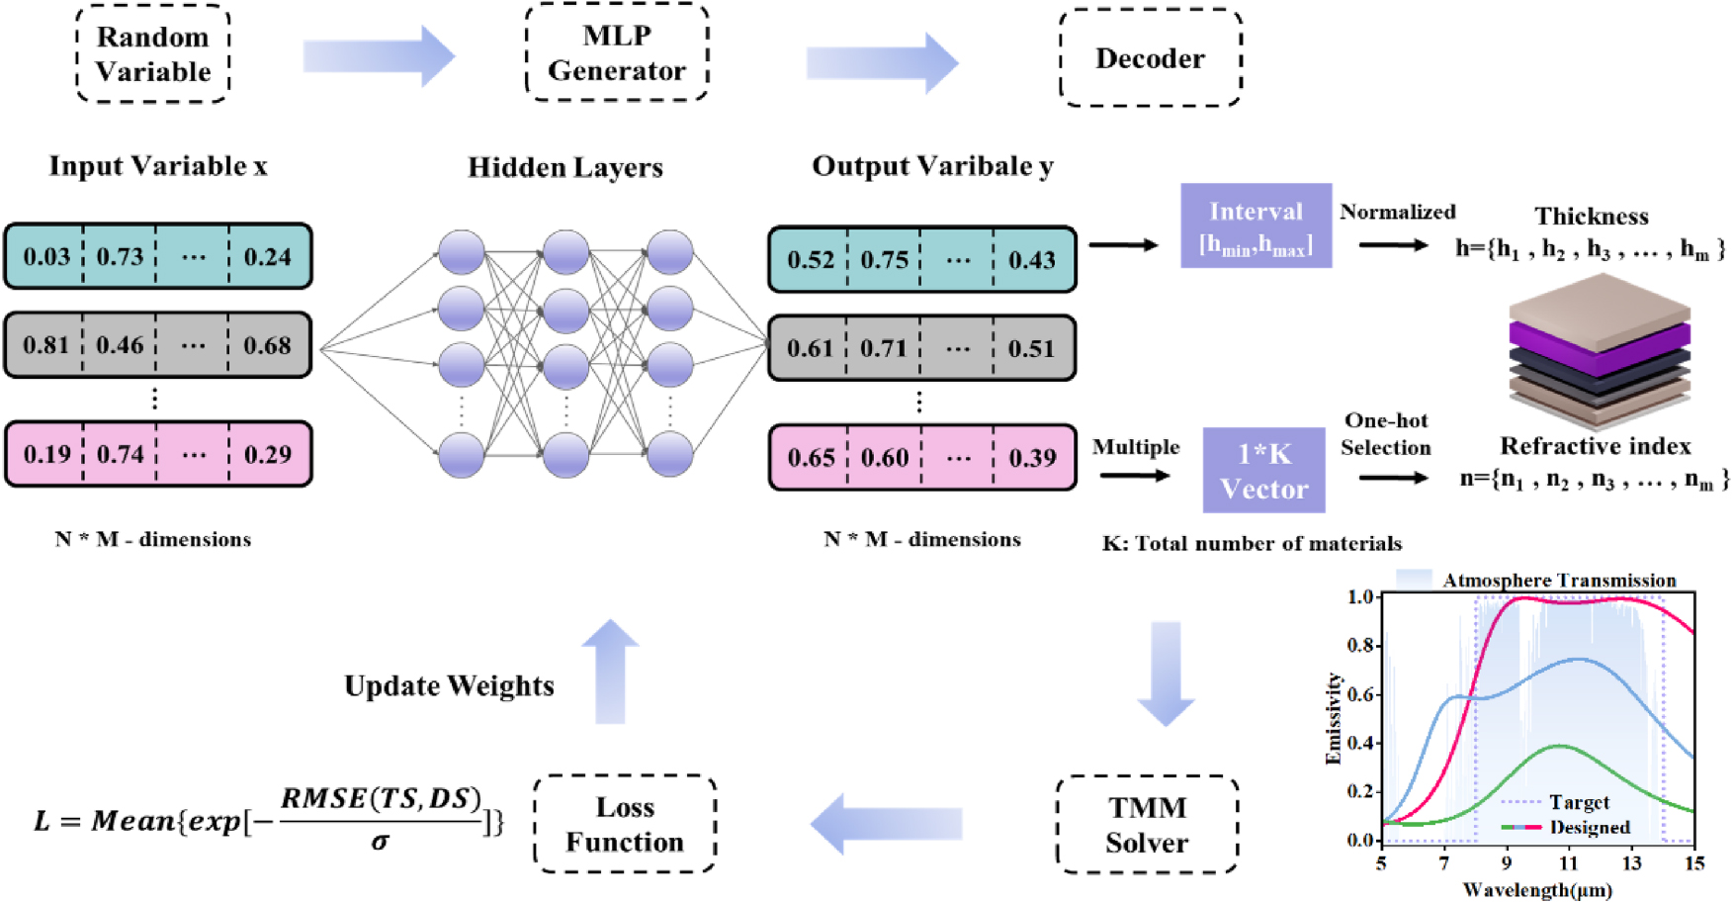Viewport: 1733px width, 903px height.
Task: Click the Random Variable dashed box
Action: (x=153, y=55)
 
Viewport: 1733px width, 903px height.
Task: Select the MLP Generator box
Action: (x=617, y=53)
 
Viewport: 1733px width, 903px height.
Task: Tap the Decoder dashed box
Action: (x=1150, y=58)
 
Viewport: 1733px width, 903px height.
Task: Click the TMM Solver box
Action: (x=1147, y=825)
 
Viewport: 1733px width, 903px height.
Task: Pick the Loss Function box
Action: (x=625, y=825)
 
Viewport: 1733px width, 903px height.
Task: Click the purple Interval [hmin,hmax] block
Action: (x=1256, y=226)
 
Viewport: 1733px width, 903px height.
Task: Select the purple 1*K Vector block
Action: (x=1263, y=471)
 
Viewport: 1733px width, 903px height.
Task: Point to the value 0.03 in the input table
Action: (x=46, y=257)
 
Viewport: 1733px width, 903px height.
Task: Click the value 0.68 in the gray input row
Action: (x=267, y=346)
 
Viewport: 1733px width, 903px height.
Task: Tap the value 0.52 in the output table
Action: (x=811, y=260)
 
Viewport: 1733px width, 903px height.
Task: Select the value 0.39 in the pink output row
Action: (x=1032, y=458)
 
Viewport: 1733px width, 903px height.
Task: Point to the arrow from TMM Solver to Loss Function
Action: (x=887, y=824)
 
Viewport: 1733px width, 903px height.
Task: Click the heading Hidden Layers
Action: (x=564, y=167)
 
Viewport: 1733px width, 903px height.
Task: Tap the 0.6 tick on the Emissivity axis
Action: (x=1362, y=694)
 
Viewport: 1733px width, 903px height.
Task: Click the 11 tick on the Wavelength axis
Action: (x=1569, y=863)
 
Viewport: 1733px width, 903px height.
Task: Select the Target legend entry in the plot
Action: (x=1578, y=802)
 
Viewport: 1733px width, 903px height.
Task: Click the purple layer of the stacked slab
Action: (x=1599, y=337)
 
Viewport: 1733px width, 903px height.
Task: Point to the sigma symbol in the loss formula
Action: (x=380, y=842)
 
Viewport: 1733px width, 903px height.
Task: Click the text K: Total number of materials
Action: (x=1252, y=544)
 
